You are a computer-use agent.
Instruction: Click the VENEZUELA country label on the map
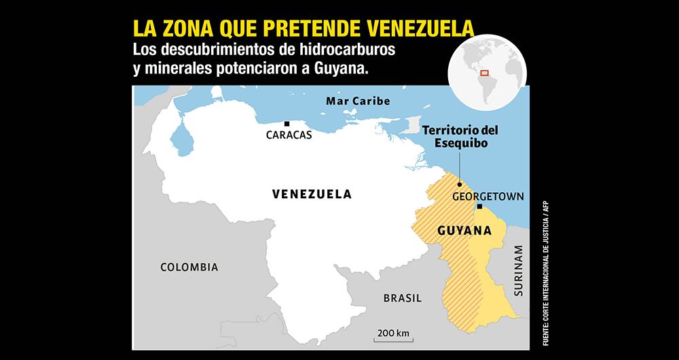312,194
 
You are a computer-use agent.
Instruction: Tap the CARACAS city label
289,135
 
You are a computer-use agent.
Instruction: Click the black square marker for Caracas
287,124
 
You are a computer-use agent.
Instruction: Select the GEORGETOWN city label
488,196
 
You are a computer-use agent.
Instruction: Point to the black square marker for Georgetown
479,206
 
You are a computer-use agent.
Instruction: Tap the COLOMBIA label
189,267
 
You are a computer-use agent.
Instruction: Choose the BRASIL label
403,298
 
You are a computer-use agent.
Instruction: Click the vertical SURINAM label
519,272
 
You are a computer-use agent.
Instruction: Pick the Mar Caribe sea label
358,101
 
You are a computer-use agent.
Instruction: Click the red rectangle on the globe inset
485,72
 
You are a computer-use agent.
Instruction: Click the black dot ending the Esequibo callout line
459,183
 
